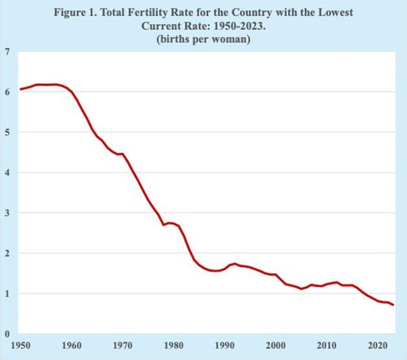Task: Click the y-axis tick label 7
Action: coord(6,52)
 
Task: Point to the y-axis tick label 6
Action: coord(6,92)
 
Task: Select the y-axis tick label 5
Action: coord(6,132)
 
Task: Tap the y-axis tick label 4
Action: coord(6,173)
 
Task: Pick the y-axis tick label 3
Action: coord(6,213)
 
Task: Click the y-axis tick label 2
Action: coord(6,254)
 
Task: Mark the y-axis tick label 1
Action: coord(6,294)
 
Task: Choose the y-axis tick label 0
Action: coord(6,334)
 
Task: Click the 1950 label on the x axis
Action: coord(21,345)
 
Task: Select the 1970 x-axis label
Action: coord(122,345)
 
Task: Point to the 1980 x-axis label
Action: coord(174,345)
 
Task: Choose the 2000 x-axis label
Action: coord(275,345)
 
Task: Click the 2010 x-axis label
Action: coord(327,345)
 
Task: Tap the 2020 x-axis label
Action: coord(377,345)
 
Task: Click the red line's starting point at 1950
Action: coord(21,89)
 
